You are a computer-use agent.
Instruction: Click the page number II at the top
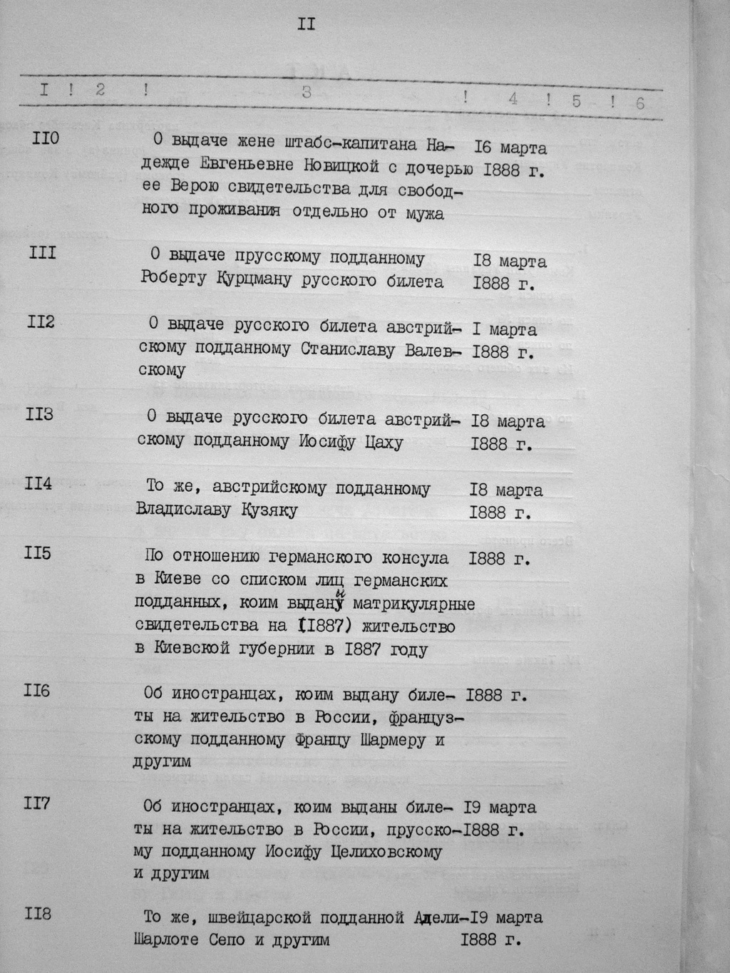pos(307,25)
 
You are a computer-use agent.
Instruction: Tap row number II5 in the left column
pos(38,553)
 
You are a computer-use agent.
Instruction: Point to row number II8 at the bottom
pos(38,913)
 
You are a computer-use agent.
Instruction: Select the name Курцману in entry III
pos(255,280)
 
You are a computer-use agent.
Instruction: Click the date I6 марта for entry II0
pos(510,148)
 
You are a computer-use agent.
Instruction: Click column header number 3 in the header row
pos(307,91)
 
